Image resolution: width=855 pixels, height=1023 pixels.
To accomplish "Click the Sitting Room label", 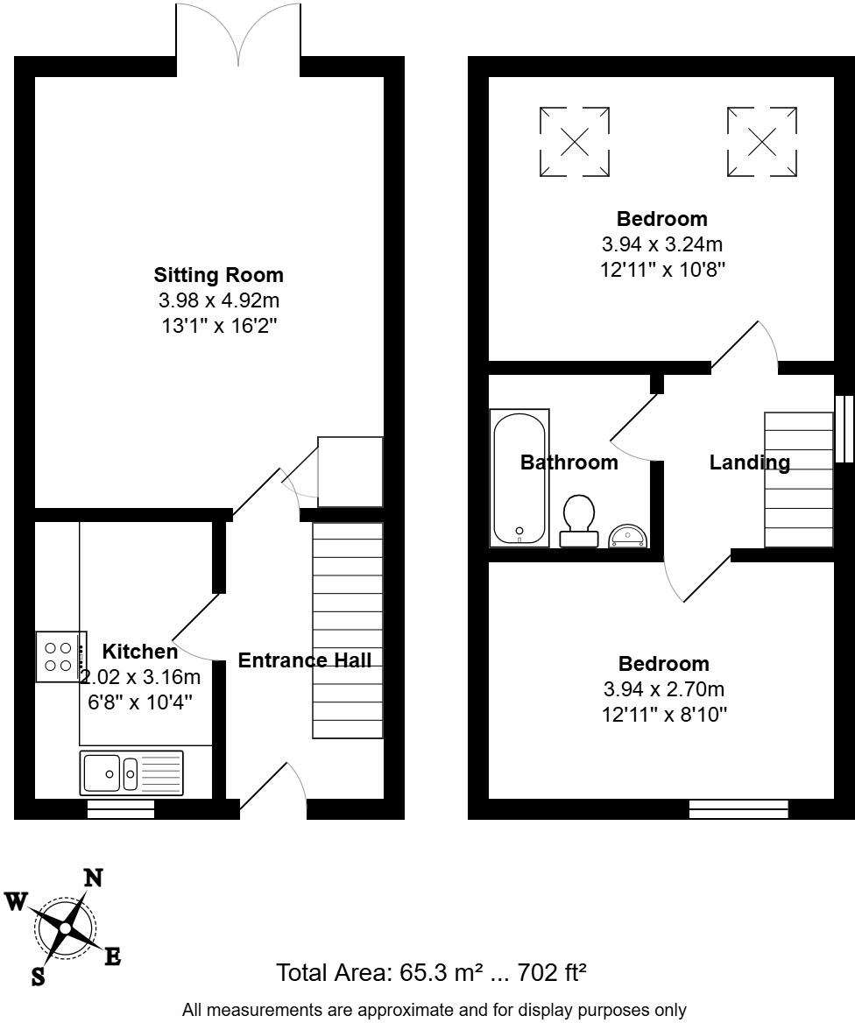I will pos(218,275).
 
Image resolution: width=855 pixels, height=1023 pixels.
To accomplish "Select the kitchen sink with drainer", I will pos(131,773).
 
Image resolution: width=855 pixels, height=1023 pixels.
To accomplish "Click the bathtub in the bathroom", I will pos(519,478).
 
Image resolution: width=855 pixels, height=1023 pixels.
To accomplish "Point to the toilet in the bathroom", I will pos(578,520).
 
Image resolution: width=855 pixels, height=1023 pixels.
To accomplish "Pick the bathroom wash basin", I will pos(628,535).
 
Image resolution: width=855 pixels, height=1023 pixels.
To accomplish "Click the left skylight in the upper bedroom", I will pos(574,142).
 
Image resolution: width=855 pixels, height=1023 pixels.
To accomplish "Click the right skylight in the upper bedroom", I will pos(762,142).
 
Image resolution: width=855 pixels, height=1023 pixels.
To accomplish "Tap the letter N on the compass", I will pos(92,878).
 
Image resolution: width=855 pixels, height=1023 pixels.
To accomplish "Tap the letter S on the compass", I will pos(38,976).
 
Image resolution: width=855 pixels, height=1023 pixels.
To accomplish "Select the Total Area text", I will pos(431,972).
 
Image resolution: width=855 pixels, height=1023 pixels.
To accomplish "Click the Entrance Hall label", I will pos(304,660).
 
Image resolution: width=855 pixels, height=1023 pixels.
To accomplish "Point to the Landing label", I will pos(749,462).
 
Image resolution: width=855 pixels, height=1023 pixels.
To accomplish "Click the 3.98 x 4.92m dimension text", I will pos(218,301).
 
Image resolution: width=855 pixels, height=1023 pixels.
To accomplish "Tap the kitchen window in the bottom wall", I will pos(121,810).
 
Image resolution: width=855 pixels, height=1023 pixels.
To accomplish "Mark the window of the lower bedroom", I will pos(738,809).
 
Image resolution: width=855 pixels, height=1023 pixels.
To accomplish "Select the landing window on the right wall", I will pos(844,428).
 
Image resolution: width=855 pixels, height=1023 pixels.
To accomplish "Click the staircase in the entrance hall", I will pos(348,631).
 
